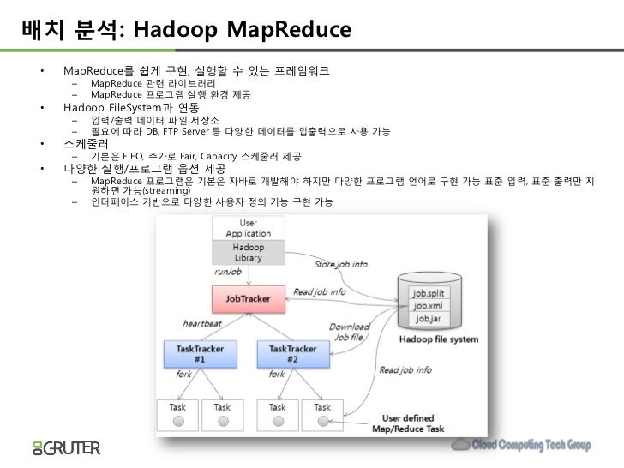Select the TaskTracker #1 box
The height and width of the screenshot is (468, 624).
tap(199, 354)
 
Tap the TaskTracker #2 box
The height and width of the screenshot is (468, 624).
tap(292, 354)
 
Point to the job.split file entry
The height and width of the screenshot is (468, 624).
tap(429, 292)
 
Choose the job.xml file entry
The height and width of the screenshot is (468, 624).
tap(429, 305)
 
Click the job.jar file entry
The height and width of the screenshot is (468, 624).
tap(429, 319)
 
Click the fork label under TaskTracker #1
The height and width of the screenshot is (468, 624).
tap(183, 375)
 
